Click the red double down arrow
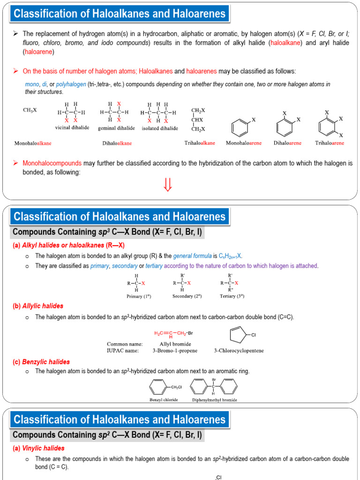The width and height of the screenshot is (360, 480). [168, 185]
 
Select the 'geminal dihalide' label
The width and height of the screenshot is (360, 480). [116, 127]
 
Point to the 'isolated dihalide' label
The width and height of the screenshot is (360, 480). [159, 127]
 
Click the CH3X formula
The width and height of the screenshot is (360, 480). [30, 110]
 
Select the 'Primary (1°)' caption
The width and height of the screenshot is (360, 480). [139, 296]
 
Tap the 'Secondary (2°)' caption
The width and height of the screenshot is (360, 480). [187, 296]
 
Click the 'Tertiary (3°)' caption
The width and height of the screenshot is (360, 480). [232, 296]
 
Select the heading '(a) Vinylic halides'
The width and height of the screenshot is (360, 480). [38, 448]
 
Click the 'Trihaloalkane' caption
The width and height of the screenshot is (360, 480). [200, 142]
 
